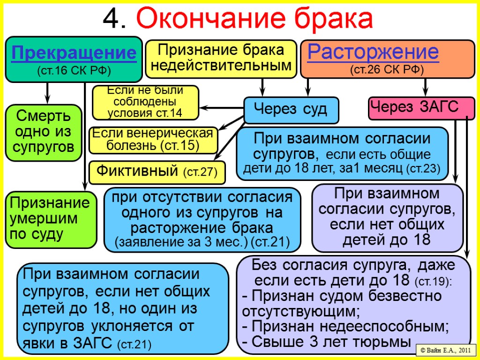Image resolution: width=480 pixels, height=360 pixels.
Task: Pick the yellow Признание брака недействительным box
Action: click(221, 58)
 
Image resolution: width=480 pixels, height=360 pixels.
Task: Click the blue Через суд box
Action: click(291, 110)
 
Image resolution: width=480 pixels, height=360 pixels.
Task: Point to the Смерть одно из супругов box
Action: click(44, 132)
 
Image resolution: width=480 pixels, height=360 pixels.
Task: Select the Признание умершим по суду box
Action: click(50, 219)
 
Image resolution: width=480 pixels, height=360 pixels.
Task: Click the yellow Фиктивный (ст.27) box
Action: click(157, 172)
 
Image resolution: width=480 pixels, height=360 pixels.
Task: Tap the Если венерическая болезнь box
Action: click(153, 140)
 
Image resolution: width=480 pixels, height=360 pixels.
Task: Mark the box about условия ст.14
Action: click(145, 102)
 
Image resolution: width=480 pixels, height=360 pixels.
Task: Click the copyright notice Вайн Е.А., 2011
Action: click(446, 350)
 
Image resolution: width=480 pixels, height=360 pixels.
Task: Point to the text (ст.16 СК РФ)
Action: click(74, 71)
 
